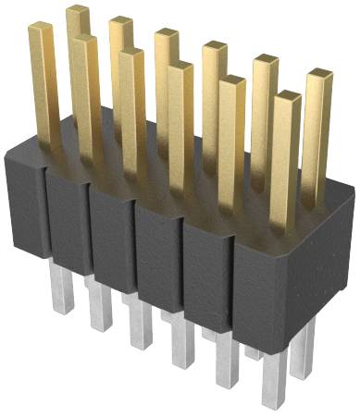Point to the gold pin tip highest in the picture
click(78, 10)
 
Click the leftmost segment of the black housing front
click(27, 208)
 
